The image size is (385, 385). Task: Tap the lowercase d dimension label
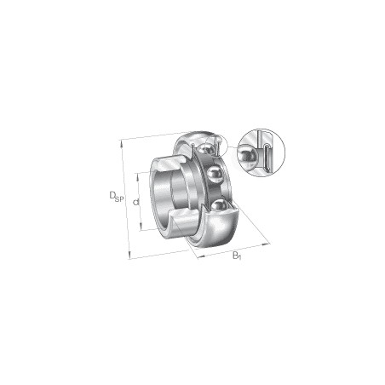[x=136, y=201]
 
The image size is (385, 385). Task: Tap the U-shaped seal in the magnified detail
[x=266, y=157]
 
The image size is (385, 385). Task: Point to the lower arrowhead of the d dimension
[x=142, y=228]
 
